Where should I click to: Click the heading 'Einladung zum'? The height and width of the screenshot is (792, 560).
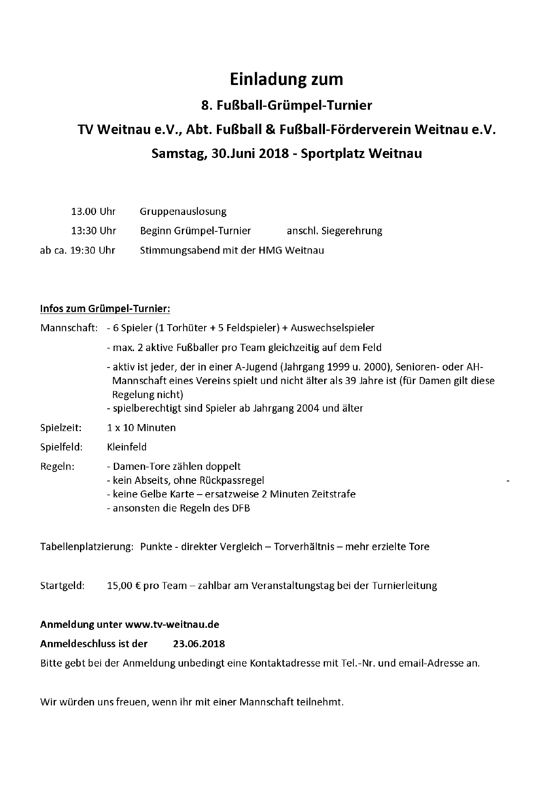pyautogui.click(x=286, y=79)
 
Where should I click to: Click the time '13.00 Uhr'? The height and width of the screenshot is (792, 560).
pyautogui.click(x=93, y=212)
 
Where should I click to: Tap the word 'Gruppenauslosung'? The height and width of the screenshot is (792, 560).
pyautogui.click(x=183, y=212)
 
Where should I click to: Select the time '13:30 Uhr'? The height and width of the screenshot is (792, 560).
pyautogui.click(x=94, y=231)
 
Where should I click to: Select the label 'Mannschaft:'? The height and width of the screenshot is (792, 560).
pyautogui.click(x=69, y=328)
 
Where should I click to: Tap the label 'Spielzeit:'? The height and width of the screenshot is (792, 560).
pyautogui.click(x=61, y=427)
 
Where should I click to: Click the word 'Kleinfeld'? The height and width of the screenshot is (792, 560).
pyautogui.click(x=127, y=447)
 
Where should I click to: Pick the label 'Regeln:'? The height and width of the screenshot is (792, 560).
pyautogui.click(x=57, y=467)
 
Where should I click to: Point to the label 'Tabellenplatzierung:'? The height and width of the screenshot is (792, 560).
pyautogui.click(x=87, y=547)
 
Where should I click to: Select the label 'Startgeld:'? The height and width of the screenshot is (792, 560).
pyautogui.click(x=62, y=585)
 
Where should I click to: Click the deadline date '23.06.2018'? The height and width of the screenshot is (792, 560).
pyautogui.click(x=199, y=643)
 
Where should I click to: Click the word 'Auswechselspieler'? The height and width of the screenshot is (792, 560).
pyautogui.click(x=332, y=328)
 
